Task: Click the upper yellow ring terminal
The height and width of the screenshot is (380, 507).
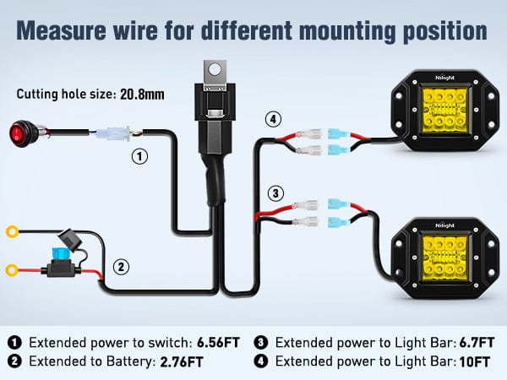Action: point(13,230)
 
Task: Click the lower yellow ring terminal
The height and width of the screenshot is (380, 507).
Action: point(13,270)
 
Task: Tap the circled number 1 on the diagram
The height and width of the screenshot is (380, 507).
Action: point(140,156)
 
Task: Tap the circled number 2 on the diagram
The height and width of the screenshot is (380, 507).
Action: point(122,267)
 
